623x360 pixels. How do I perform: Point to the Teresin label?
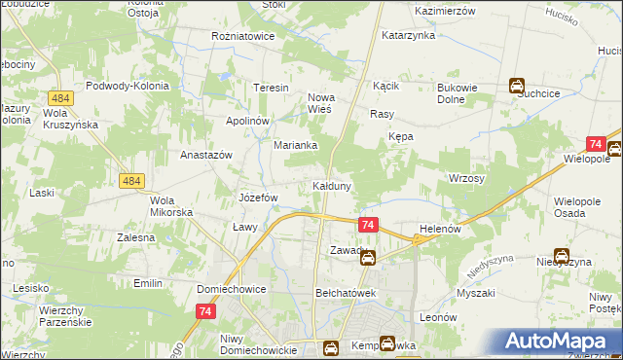click(x=272, y=88)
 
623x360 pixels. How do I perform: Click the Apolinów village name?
click(x=246, y=120)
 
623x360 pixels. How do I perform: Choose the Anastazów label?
click(x=206, y=155)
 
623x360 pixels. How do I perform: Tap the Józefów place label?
click(x=259, y=197)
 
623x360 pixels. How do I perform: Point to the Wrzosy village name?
click(x=466, y=179)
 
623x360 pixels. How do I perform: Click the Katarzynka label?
click(x=408, y=35)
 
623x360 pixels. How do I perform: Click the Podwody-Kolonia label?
click(x=128, y=86)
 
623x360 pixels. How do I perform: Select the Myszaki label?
click(x=476, y=293)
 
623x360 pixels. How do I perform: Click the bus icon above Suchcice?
click(x=518, y=86)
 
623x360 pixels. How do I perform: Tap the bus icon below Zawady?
click(x=368, y=257)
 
